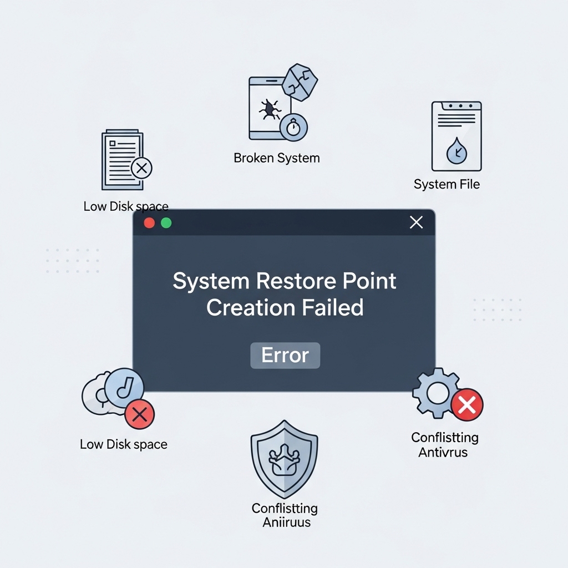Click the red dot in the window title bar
pos(149,223)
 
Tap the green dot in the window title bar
pos(166,223)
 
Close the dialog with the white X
pos(416,222)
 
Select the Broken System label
pos(277,158)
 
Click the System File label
pos(447,184)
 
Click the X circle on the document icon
pos(141,168)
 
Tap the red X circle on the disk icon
pos(139,414)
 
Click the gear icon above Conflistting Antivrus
pos(436,393)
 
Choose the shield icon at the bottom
pos(284,459)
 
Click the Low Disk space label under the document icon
pos(126,207)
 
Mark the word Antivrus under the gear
pos(443,452)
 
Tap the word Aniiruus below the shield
pos(287,522)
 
